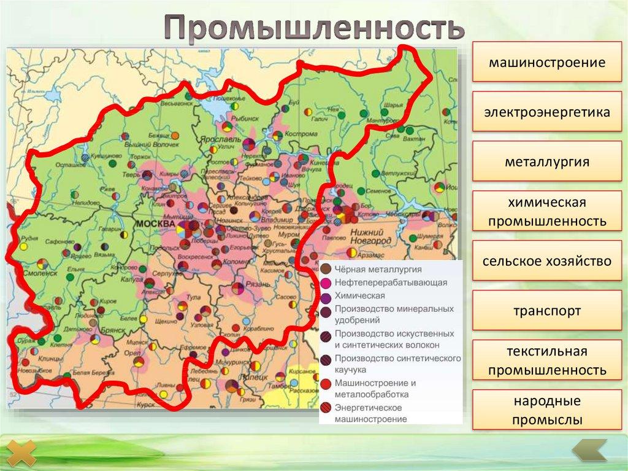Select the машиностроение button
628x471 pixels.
point(547,62)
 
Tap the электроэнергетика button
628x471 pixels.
point(547,112)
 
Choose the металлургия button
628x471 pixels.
point(547,162)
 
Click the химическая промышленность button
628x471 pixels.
point(547,211)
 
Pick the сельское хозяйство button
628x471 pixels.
point(547,261)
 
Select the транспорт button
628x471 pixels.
point(547,311)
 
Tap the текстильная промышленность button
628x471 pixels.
point(547,360)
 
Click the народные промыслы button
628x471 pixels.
point(547,410)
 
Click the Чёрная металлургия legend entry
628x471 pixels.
point(378,269)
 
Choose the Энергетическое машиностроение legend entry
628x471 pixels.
point(368,413)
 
